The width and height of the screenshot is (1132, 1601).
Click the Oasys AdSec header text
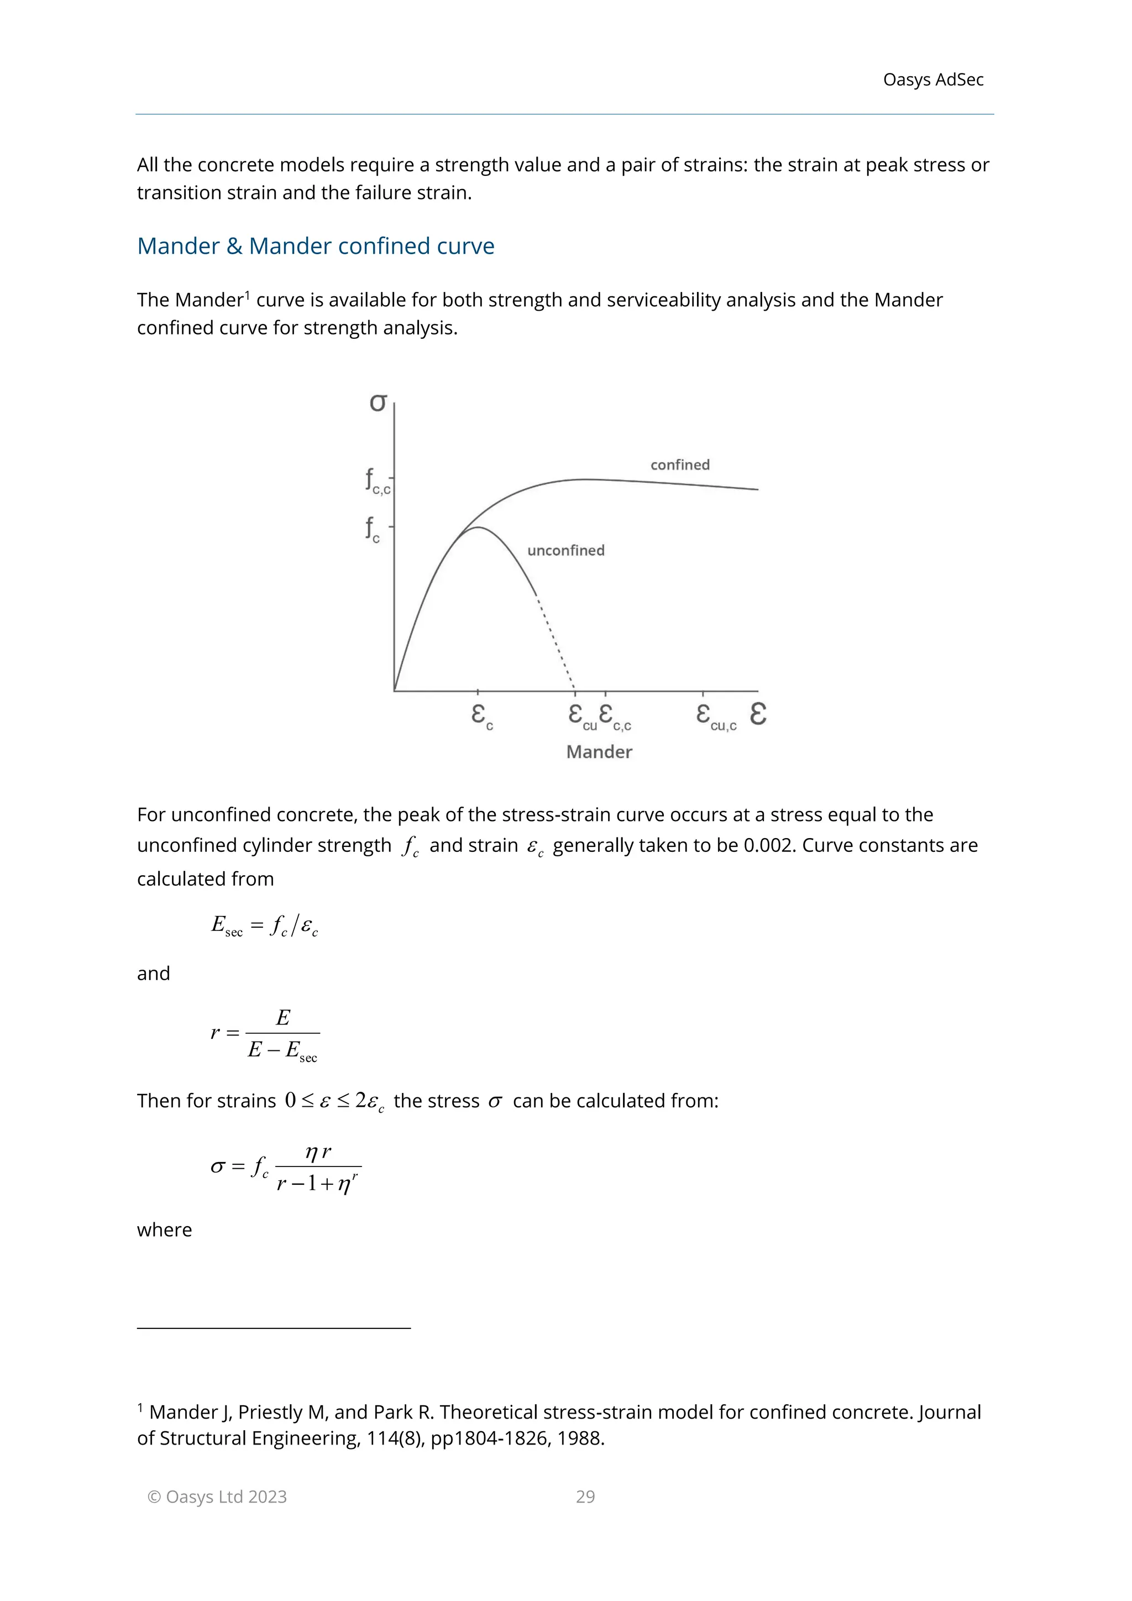[932, 80]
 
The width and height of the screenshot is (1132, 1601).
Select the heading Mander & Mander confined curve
[315, 246]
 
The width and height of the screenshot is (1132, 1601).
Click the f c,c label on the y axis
[377, 481]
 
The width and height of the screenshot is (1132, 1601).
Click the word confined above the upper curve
[680, 465]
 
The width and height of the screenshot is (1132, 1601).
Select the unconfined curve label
[565, 550]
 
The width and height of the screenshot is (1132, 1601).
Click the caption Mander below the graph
[599, 752]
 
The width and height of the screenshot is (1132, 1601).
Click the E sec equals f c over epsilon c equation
[265, 926]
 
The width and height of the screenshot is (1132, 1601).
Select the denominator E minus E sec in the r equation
[282, 1051]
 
